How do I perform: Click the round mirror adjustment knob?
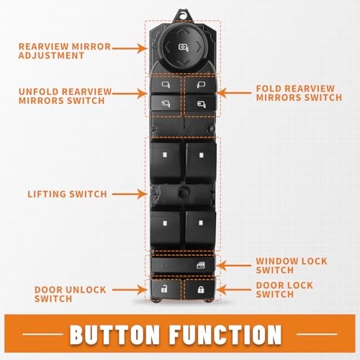point(183,48)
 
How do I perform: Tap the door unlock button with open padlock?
point(165,289)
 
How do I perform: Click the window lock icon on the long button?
point(201,265)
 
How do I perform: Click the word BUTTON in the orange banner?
point(114,334)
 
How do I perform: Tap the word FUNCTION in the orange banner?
point(226,334)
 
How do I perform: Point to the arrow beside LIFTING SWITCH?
point(130,194)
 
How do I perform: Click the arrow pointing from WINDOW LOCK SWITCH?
point(233,266)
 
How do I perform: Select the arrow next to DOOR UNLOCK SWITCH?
point(130,290)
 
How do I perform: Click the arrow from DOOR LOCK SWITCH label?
point(233,290)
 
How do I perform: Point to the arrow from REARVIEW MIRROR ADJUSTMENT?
point(130,48)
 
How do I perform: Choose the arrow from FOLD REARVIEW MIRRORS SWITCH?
point(233,93)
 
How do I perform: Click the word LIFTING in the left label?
point(46,194)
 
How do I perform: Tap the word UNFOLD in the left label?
point(39,91)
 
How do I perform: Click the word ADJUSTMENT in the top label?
point(51,55)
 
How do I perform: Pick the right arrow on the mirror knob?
point(199,47)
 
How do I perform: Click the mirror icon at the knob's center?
point(184,48)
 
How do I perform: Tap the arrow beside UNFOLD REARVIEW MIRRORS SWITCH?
point(130,93)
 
